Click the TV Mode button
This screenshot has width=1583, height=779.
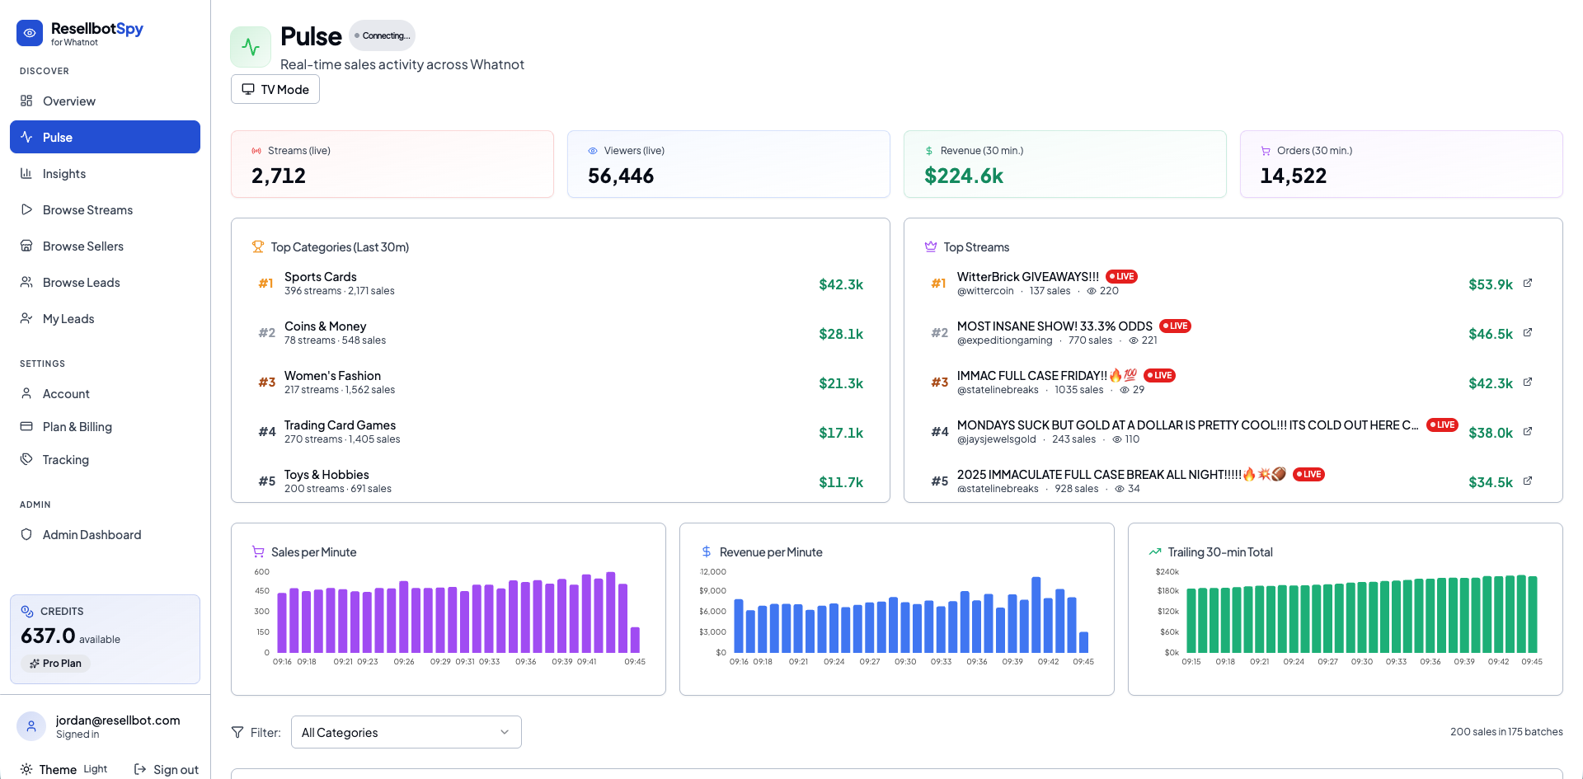coord(275,89)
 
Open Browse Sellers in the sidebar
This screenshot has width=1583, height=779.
coord(82,246)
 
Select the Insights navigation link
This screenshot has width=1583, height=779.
coord(64,173)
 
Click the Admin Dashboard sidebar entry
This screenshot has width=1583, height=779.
coord(92,534)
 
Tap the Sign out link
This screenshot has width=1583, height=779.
coord(167,769)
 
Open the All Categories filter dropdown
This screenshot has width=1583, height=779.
coord(406,732)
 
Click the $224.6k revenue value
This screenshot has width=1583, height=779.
coord(963,176)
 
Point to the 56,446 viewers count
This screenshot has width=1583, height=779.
coord(620,176)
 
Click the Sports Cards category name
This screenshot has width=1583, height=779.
coord(320,276)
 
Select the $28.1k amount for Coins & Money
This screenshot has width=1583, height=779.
coord(840,334)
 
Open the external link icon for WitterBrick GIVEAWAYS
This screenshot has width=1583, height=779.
coord(1527,283)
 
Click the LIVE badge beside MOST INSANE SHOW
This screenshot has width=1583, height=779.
coord(1175,326)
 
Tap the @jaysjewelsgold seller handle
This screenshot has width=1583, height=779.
coord(996,439)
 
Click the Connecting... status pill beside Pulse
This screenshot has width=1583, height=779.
coord(383,35)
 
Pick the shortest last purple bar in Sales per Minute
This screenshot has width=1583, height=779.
coord(635,640)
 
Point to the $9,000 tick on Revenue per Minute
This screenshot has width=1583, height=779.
coord(712,590)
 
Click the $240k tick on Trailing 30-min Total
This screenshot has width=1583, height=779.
coord(1167,571)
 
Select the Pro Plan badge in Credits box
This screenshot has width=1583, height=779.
coord(56,663)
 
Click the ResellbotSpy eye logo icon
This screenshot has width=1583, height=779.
coord(30,33)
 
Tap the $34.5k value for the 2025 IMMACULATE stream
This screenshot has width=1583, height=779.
coord(1490,482)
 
